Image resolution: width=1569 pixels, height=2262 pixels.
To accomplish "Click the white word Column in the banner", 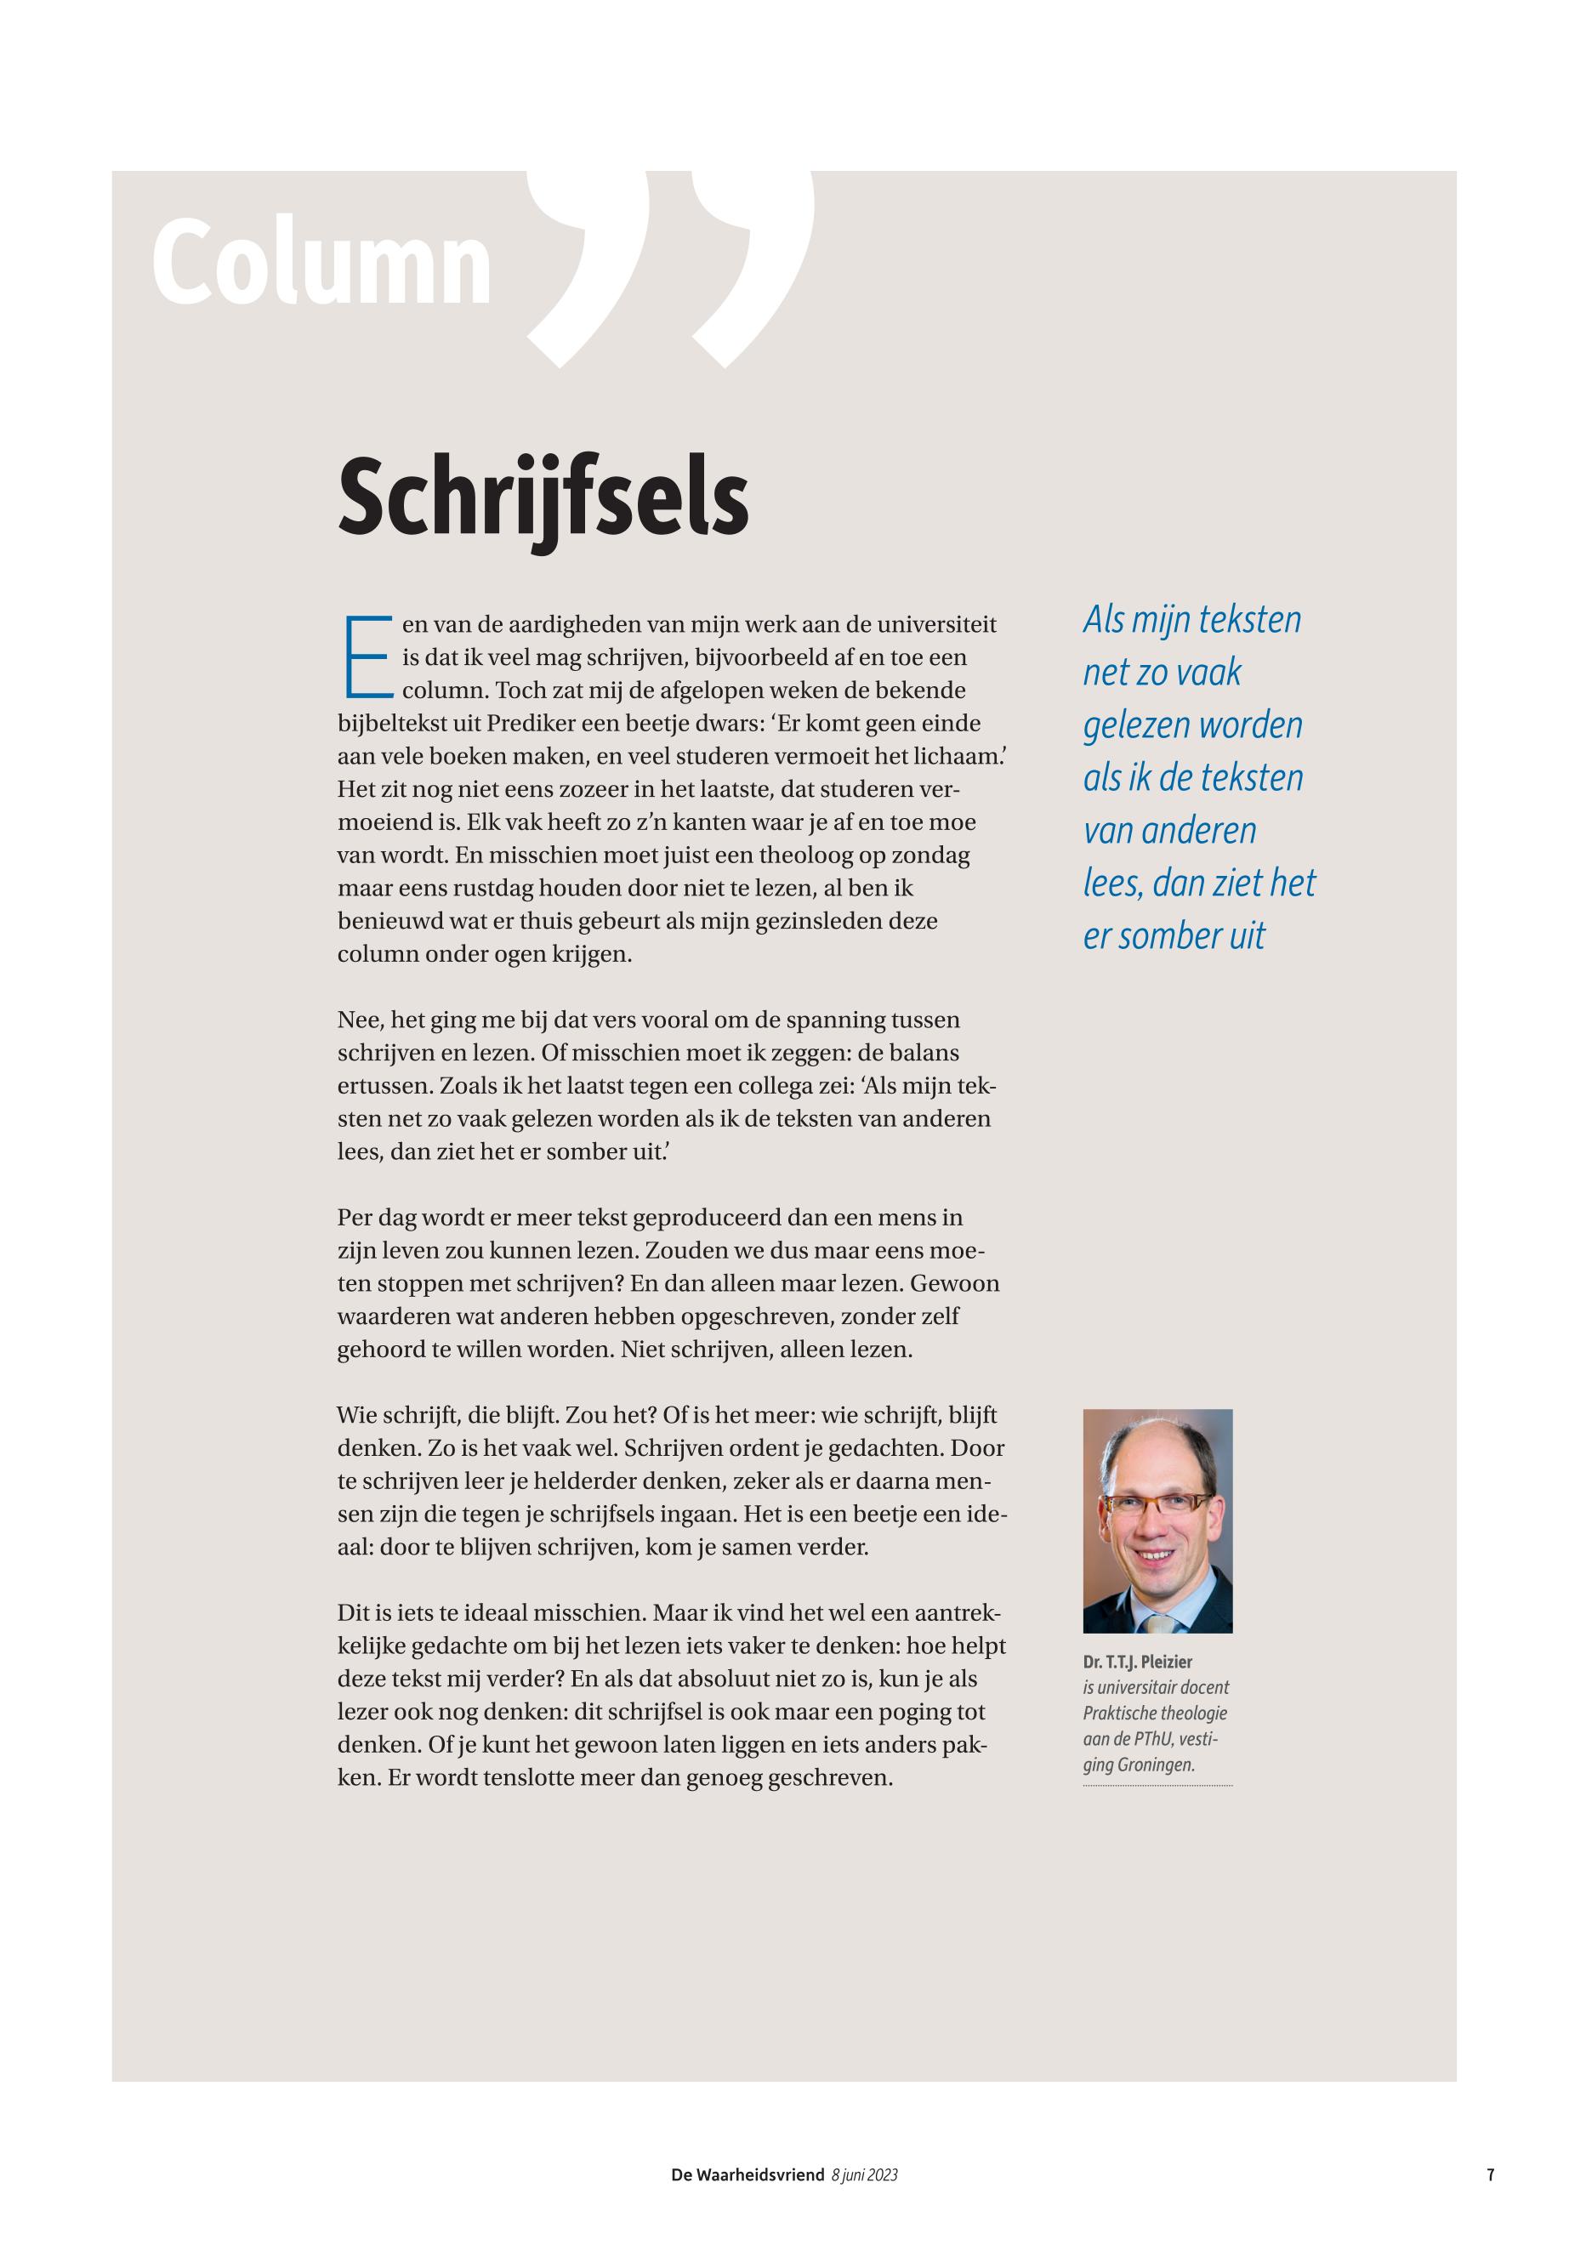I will (321, 262).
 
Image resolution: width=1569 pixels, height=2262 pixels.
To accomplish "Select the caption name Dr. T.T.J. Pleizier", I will (1138, 1662).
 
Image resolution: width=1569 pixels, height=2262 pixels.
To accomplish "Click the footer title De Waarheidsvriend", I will (748, 2175).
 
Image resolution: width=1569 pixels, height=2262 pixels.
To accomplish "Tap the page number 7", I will (1491, 2175).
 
